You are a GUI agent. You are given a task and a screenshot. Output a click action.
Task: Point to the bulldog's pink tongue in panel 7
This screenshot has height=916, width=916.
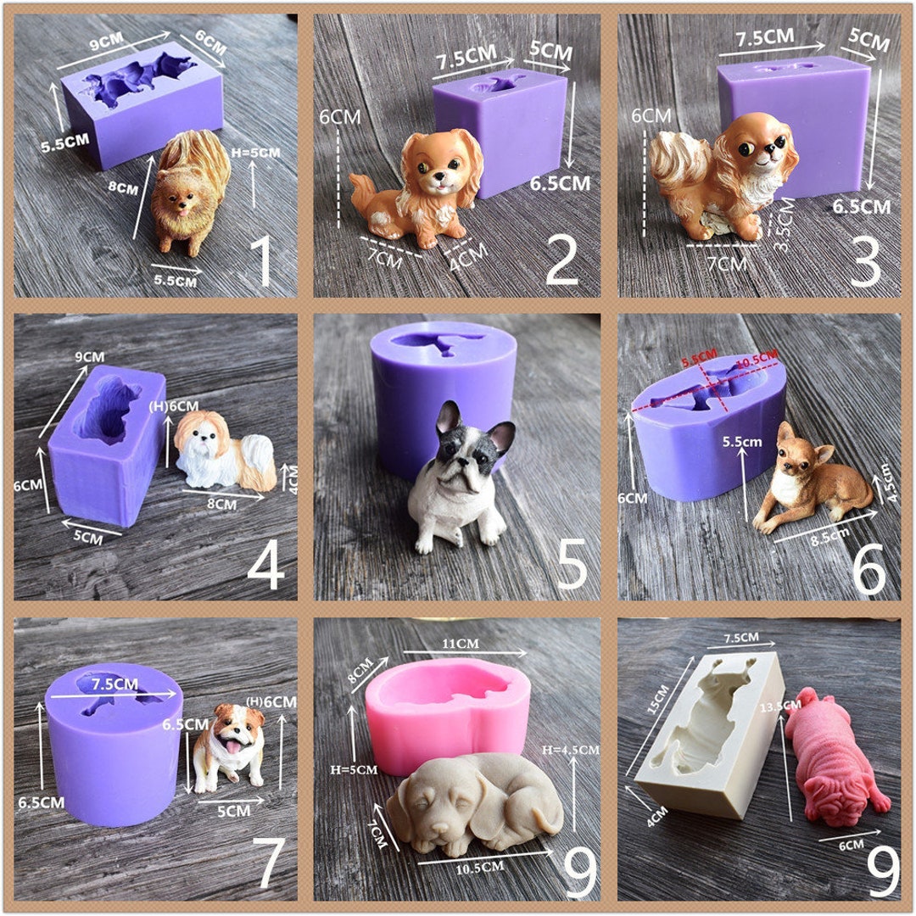[x=227, y=746]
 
